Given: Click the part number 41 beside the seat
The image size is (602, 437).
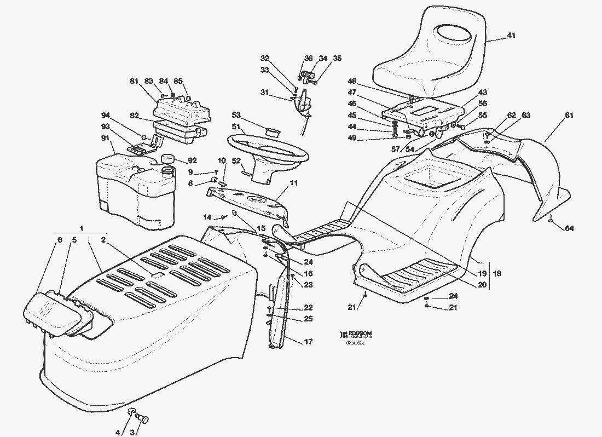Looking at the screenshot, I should tap(511, 36).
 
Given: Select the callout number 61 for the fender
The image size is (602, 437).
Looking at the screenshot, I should tap(569, 115).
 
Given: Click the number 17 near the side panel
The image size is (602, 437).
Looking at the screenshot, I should tap(308, 342).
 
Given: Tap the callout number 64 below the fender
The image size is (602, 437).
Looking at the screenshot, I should tap(570, 228).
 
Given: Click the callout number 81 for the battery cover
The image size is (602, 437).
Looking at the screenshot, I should tap(134, 82).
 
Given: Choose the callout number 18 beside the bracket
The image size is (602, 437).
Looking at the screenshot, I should tap(497, 273).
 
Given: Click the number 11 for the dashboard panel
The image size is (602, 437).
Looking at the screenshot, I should tap(294, 183).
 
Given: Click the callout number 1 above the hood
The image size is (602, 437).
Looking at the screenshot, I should tap(82, 227).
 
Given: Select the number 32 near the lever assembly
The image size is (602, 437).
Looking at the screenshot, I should tap(265, 58).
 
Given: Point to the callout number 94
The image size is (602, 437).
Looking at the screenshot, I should tap(106, 115).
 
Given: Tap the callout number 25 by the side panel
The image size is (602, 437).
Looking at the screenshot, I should tap(308, 319).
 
